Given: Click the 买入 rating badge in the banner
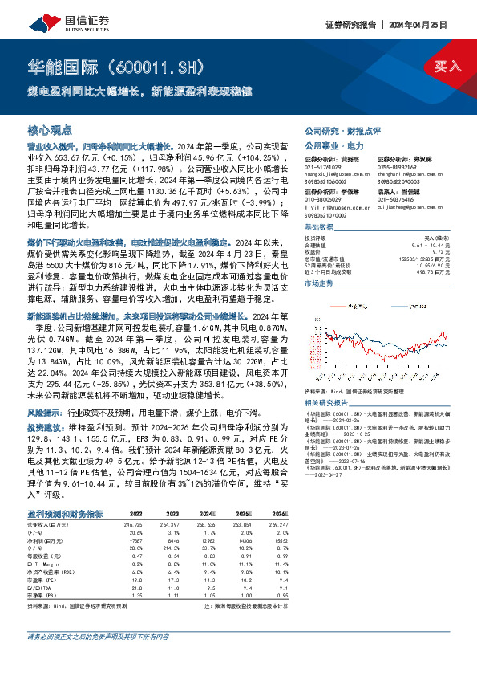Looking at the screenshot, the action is coord(447,67).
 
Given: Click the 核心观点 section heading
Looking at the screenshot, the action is coord(50,129).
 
